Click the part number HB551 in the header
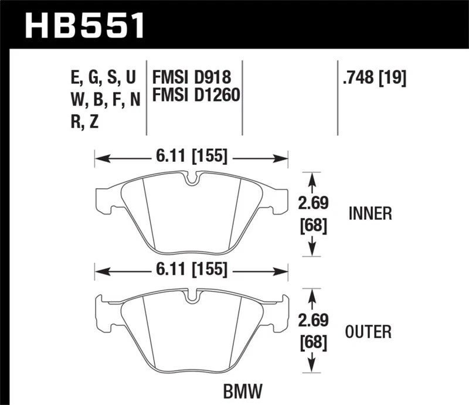click(84, 25)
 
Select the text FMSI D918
click(191, 77)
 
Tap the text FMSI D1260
click(196, 94)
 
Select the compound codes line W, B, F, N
click(105, 100)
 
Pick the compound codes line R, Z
click(86, 122)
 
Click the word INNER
click(370, 214)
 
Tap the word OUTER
click(369, 333)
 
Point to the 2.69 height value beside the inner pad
click(312, 203)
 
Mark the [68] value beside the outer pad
click(312, 342)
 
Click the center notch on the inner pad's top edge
click(191, 178)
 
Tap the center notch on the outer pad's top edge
click(191, 296)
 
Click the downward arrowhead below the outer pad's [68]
click(312, 367)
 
